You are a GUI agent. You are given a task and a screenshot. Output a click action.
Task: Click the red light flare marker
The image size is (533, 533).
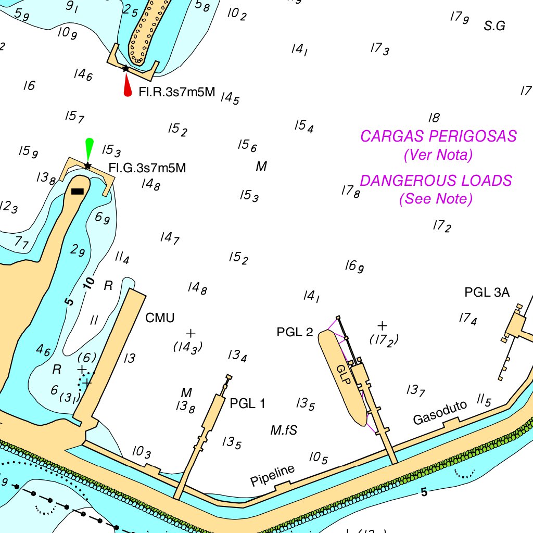pyautogui.click(x=127, y=85)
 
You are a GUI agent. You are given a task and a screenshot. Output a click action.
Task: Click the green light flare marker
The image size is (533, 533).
pyautogui.click(x=90, y=149)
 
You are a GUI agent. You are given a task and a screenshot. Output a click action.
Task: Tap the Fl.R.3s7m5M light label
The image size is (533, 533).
pyautogui.click(x=176, y=93)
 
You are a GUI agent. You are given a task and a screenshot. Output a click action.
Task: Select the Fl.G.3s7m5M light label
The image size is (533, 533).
pyautogui.click(x=147, y=168)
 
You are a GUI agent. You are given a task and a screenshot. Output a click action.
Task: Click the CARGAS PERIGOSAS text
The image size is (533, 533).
pyautogui.click(x=438, y=136)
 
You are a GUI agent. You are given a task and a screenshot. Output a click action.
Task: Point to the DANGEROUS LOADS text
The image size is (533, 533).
pyautogui.click(x=436, y=181)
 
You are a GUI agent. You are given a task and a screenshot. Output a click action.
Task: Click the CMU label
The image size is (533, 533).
pyautogui.click(x=160, y=318)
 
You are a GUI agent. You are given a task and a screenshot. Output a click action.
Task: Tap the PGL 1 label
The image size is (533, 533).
pyautogui.click(x=247, y=403)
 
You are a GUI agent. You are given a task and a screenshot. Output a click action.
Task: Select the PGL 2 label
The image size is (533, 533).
pyautogui.click(x=295, y=332)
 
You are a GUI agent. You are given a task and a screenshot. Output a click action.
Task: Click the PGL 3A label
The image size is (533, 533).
pyautogui.click(x=487, y=293)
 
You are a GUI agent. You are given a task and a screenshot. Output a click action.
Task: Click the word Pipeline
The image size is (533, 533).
pyautogui.click(x=272, y=475)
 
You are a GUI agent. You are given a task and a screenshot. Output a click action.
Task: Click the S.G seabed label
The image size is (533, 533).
pyautogui.click(x=494, y=26)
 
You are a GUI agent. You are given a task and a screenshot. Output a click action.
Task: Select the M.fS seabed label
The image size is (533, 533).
pyautogui.click(x=284, y=430)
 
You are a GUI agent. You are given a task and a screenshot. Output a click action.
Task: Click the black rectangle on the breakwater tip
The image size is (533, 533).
pyautogui.click(x=77, y=192)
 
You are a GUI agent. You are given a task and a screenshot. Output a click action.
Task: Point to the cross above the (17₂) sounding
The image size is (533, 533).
pyautogui.click(x=383, y=326)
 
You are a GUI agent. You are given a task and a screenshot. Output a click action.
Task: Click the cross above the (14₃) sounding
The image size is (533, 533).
pyautogui.click(x=191, y=333)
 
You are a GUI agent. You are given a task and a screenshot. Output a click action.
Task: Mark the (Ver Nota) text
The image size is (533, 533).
pyautogui.click(x=438, y=155)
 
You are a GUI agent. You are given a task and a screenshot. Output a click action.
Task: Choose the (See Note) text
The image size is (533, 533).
pyautogui.click(x=436, y=199)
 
